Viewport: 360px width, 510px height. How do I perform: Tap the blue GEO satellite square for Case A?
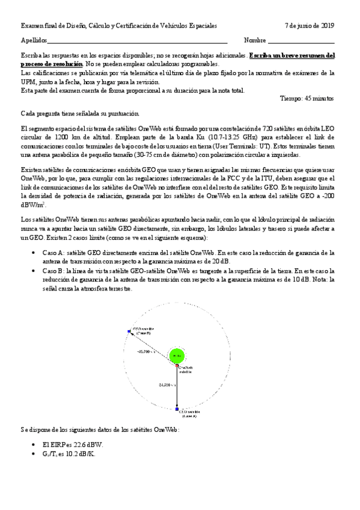[x=177, y=409]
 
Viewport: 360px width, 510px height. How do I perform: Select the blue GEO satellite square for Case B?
[x=129, y=331]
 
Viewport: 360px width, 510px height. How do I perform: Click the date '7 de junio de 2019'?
[x=310, y=25]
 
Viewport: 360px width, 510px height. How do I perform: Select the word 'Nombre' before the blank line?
[x=255, y=40]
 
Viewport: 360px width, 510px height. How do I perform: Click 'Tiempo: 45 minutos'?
[x=307, y=98]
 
